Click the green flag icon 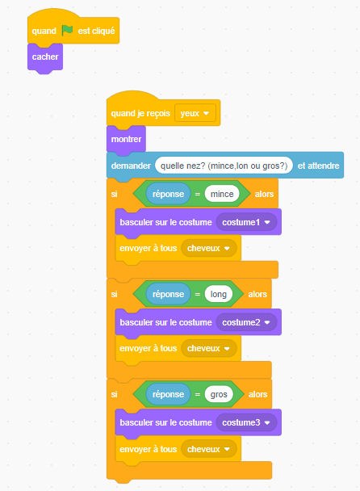[67, 31]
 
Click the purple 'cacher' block [45, 57]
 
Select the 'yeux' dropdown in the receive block [195, 113]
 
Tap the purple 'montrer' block [126, 140]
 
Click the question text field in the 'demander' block [224, 166]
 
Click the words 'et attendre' [318, 166]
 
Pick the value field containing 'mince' [222, 194]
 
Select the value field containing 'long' [219, 294]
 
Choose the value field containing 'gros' [219, 394]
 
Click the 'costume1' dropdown [246, 222]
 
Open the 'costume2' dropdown [246, 322]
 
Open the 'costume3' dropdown [246, 422]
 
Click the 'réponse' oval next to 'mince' [168, 194]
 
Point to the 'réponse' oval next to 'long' [168, 294]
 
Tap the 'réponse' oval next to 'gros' [168, 394]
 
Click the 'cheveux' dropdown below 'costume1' [209, 248]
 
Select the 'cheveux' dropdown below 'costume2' [209, 349]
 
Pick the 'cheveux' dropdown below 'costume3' [209, 449]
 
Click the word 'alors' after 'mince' [264, 194]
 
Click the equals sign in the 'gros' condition [198, 395]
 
